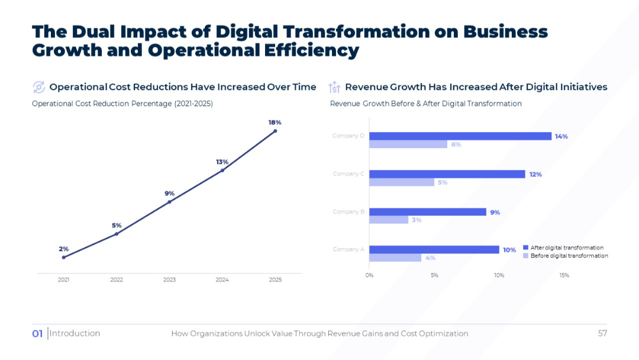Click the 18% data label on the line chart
pos(275,123)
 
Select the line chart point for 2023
pos(169,202)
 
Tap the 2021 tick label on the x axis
pos(63,279)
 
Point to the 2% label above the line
pos(63,249)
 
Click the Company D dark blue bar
pos(460,136)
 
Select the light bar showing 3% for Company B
pos(389,220)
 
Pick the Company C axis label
pos(348,174)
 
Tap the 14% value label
pos(561,136)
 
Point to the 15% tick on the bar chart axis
pos(564,275)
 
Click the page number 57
pos(602,333)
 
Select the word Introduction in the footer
pos(75,333)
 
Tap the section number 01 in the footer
pos(37,334)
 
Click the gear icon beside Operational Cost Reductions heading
pos(38,87)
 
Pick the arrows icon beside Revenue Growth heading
pos(334,87)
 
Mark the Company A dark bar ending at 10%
pos(434,249)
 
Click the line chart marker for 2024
pos(222,171)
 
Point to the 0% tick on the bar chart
pos(369,275)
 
